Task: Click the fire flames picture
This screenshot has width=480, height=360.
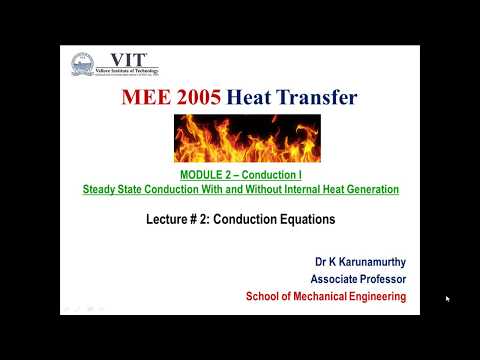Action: [x=247, y=137]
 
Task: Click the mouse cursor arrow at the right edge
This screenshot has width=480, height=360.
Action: [x=448, y=298]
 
